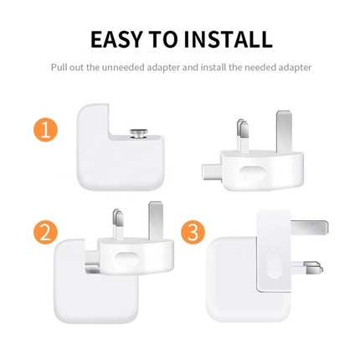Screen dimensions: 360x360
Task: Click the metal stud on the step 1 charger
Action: click(x=138, y=131)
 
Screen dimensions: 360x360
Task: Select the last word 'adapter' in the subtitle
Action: click(x=294, y=66)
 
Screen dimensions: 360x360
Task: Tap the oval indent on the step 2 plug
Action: click(x=127, y=258)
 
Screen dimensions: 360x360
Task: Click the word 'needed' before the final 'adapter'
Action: click(x=258, y=66)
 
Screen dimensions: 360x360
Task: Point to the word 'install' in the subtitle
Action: click(x=208, y=66)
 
